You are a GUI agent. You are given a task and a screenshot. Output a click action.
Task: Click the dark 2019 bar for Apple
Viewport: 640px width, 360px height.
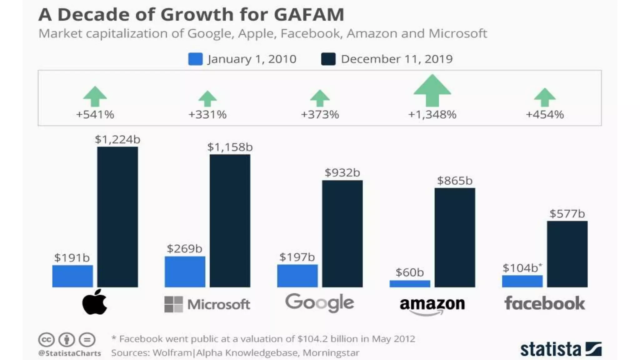point(117,217)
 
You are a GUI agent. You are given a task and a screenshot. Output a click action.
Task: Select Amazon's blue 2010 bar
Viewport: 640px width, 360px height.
point(410,284)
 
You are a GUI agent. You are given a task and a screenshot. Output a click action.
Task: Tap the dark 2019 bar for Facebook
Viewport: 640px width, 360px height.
point(567,254)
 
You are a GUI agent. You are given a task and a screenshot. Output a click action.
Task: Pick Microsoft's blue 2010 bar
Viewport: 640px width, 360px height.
point(185,272)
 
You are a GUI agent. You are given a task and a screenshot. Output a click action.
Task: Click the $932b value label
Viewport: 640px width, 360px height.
point(342,172)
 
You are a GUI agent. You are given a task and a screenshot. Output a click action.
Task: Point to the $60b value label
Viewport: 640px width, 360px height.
point(410,272)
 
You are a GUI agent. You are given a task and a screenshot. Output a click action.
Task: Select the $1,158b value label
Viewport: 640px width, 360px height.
point(230,147)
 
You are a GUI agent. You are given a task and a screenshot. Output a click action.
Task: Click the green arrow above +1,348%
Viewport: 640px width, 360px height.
point(432,91)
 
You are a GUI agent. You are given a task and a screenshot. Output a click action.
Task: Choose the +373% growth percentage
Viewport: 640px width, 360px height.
point(320,115)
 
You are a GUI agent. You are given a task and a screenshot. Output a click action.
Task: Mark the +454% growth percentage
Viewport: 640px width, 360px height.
point(545,115)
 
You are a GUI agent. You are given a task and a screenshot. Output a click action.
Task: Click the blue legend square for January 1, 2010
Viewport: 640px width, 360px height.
point(195,59)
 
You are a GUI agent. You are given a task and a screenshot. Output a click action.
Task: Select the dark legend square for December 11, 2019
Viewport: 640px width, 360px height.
point(328,59)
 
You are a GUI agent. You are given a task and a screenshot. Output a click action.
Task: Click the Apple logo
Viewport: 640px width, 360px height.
point(95,302)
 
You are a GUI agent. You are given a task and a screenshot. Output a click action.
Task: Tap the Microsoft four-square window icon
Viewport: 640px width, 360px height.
point(173,304)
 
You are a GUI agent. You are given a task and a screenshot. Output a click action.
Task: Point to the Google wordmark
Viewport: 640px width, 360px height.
point(319,303)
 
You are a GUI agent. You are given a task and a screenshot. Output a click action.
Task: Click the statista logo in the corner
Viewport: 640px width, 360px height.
point(561,349)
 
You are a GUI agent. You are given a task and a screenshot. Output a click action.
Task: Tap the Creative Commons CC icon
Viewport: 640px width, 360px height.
point(47,340)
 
